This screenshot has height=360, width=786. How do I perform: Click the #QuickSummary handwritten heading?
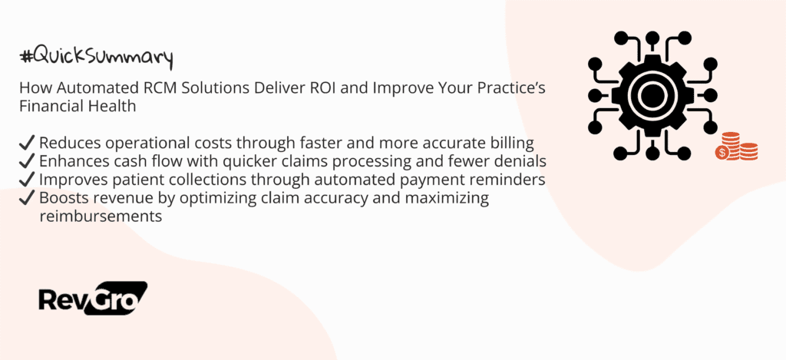pyautogui.click(x=96, y=57)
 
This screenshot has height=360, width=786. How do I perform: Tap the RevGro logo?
pyautogui.click(x=93, y=299)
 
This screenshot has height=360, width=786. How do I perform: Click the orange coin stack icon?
pyautogui.click(x=736, y=147)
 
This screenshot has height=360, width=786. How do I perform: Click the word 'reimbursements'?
pyautogui.click(x=101, y=216)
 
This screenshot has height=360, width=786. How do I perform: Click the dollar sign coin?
pyautogui.click(x=722, y=153)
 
